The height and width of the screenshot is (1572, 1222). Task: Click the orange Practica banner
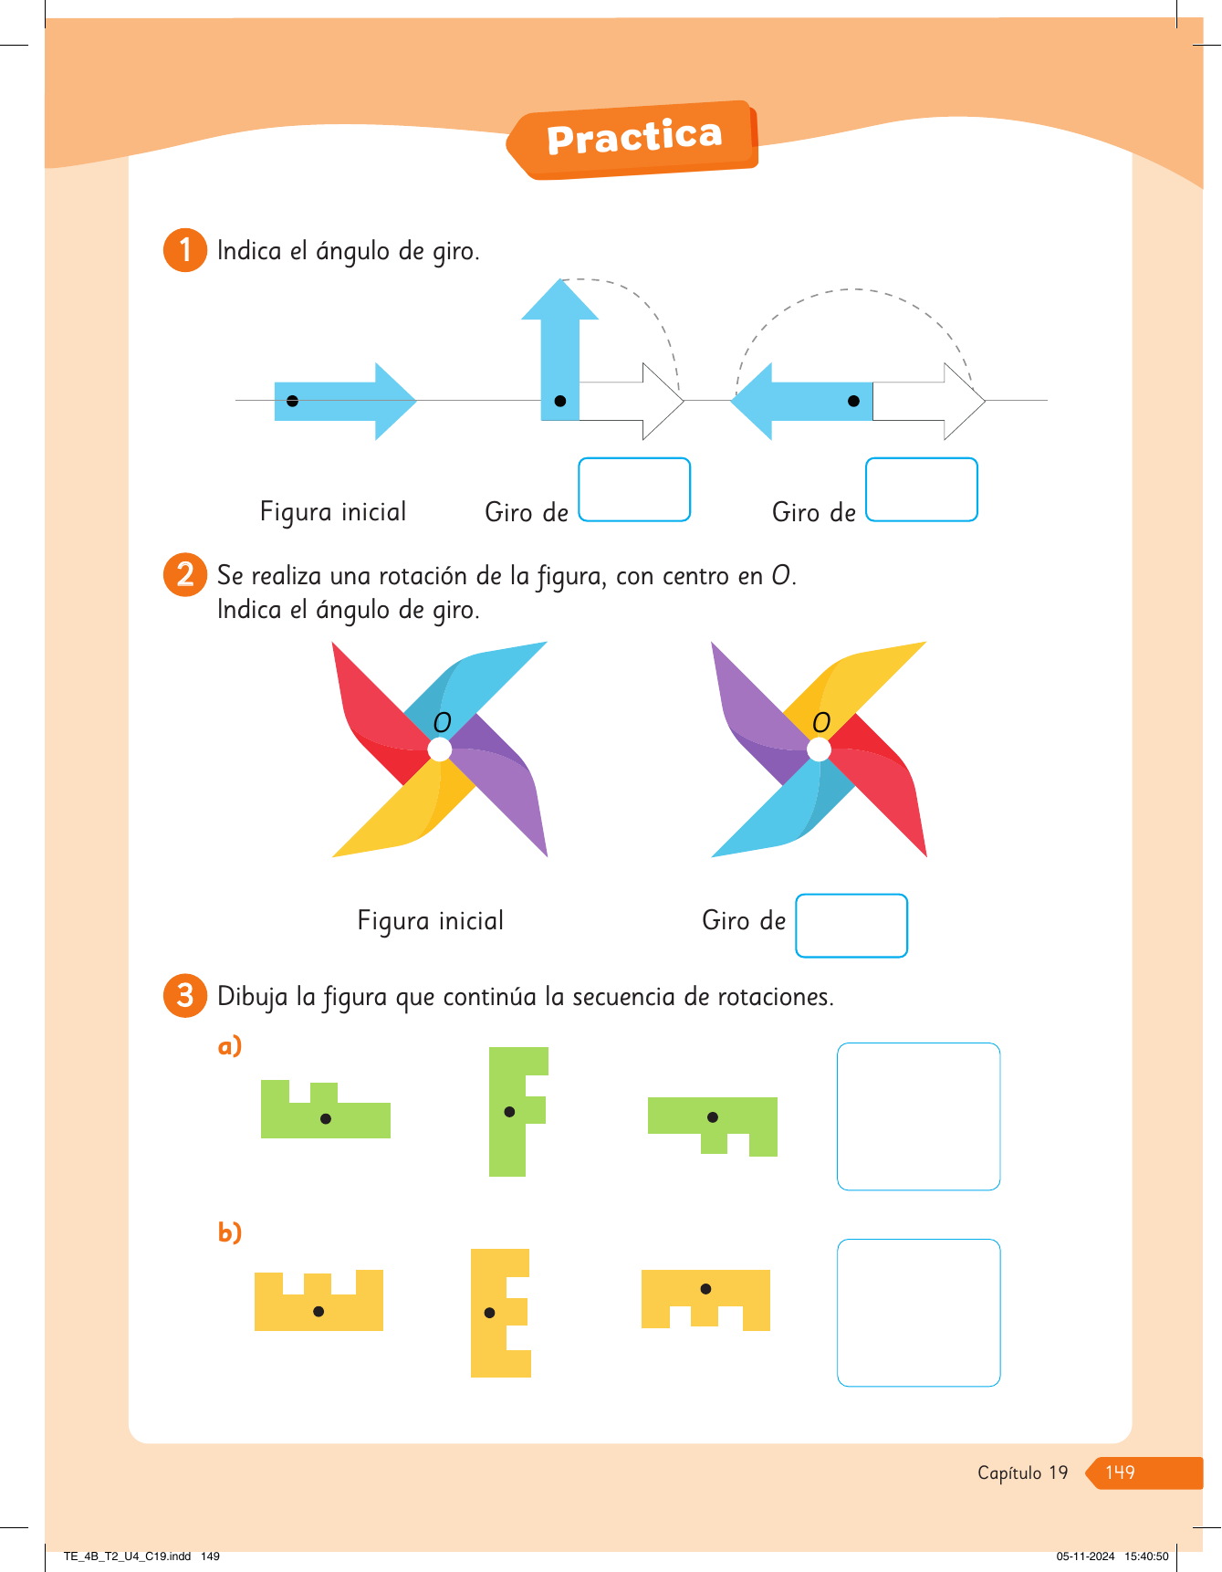coord(634,139)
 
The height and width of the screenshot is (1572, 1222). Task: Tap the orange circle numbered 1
coord(185,250)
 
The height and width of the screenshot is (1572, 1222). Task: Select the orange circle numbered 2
coord(185,575)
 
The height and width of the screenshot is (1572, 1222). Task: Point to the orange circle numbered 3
coord(185,995)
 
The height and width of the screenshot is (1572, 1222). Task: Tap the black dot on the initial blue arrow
coord(292,401)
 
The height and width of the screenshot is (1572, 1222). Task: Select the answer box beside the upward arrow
coord(634,489)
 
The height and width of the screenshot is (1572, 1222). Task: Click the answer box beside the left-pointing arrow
coord(921,489)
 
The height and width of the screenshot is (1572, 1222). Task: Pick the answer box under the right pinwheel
coord(851,926)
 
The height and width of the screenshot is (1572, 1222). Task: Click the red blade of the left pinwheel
coord(374,721)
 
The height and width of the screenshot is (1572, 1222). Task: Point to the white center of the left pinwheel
coord(440,749)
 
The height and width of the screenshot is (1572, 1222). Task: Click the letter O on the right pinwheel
coord(821,723)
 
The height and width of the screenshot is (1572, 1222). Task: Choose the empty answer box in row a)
coord(918,1116)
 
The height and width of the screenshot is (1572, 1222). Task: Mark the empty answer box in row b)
coord(918,1312)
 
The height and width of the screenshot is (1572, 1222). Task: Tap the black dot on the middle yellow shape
coord(490,1313)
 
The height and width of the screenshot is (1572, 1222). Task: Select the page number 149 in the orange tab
coord(1120,1472)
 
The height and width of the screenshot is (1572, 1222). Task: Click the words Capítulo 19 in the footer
coord(1022,1472)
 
